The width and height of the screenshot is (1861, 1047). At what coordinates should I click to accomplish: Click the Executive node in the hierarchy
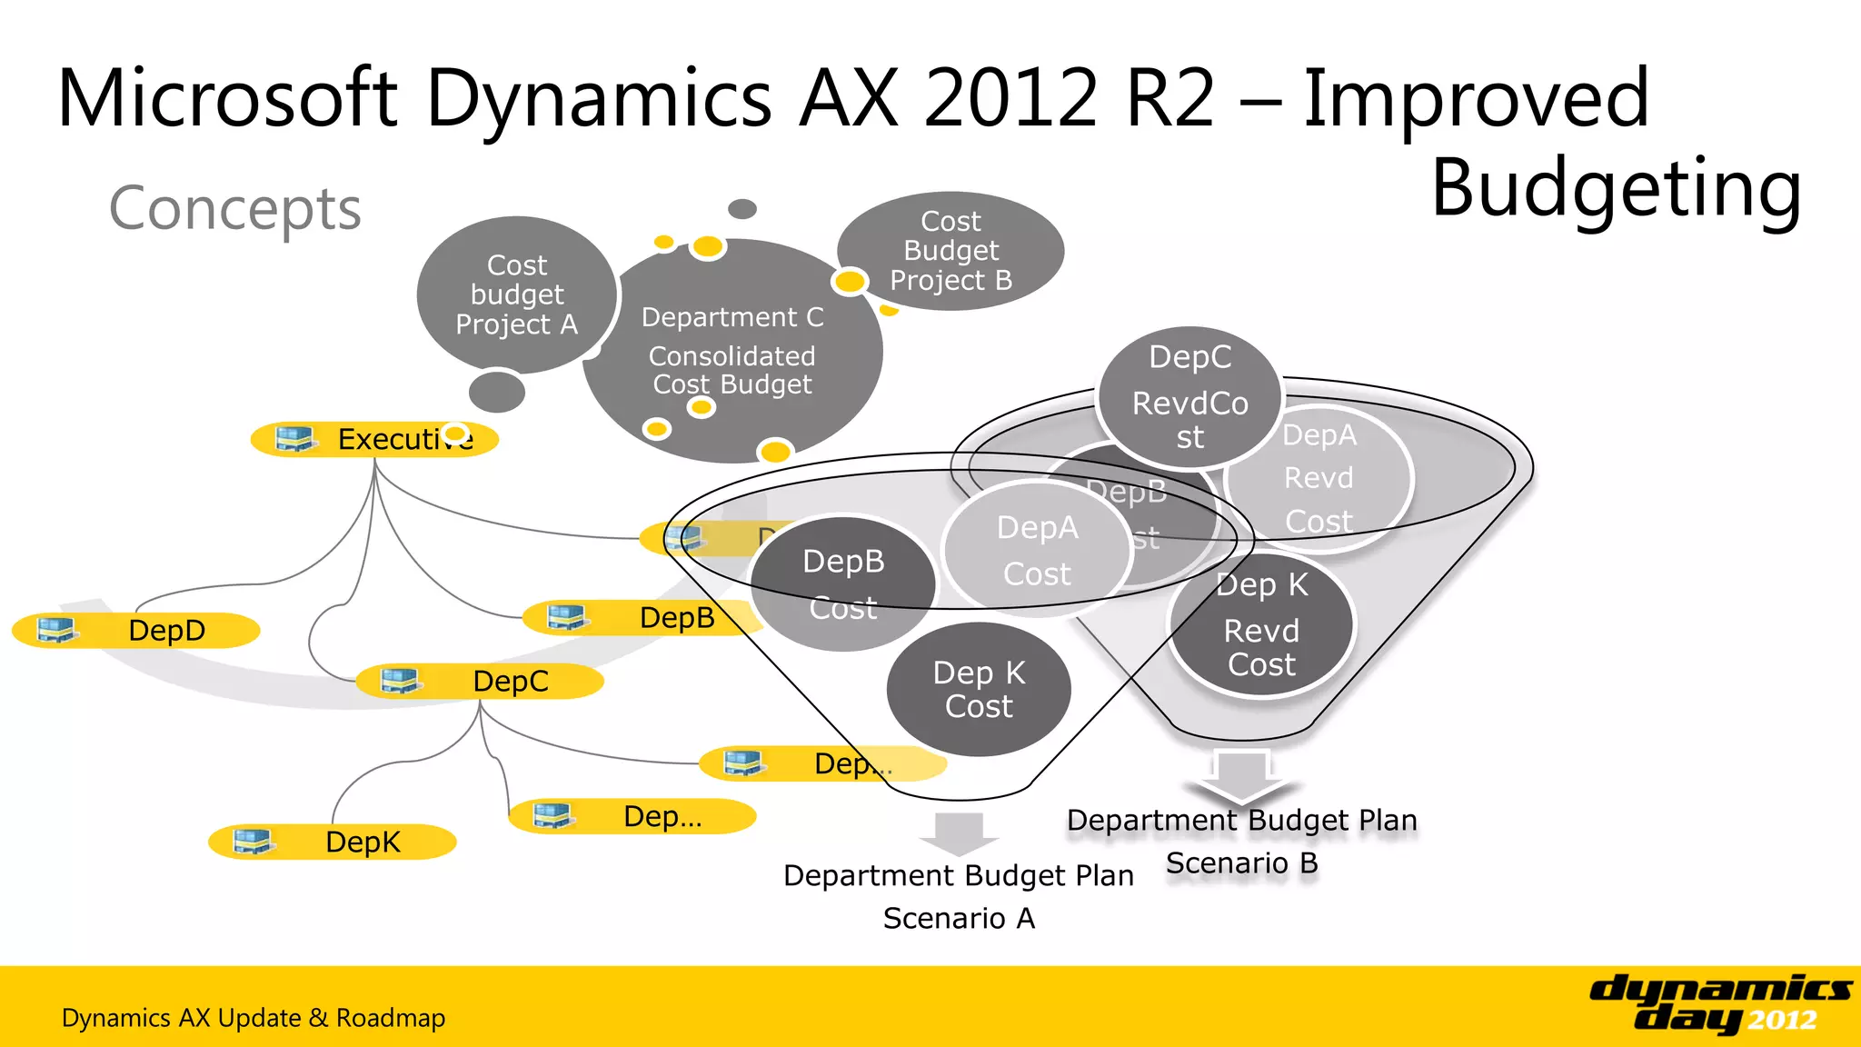coord(374,440)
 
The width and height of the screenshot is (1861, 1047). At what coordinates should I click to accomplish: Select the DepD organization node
coord(136,630)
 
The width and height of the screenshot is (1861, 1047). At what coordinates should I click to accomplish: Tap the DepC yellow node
coord(480,682)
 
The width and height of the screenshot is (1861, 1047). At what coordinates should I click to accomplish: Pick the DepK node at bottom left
coord(333,842)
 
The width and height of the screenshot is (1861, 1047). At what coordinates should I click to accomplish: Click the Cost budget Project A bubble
coord(516,294)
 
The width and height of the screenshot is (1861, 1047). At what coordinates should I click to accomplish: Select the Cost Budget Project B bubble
coord(950,251)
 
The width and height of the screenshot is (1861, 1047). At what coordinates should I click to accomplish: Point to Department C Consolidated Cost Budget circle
coord(732,351)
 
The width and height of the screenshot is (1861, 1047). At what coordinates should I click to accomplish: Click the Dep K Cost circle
coord(979,689)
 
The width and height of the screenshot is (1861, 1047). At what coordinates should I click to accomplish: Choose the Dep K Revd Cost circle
coord(1261,627)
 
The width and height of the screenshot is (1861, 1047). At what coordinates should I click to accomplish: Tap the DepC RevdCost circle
coord(1189,397)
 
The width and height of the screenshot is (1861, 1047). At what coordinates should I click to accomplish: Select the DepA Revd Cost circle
coord(1319,478)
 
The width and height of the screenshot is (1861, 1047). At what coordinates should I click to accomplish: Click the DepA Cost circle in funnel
coord(1037,551)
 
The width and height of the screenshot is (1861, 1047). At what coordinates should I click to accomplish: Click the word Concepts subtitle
coord(235,208)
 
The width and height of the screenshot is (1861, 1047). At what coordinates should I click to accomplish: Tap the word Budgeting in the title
coord(1616,189)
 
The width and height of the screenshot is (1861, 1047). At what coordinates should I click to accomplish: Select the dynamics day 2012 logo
coord(1720,1003)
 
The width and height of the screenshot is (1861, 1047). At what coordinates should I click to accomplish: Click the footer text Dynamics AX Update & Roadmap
coord(254,1018)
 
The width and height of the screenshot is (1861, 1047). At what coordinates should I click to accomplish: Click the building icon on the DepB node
coord(567,617)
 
